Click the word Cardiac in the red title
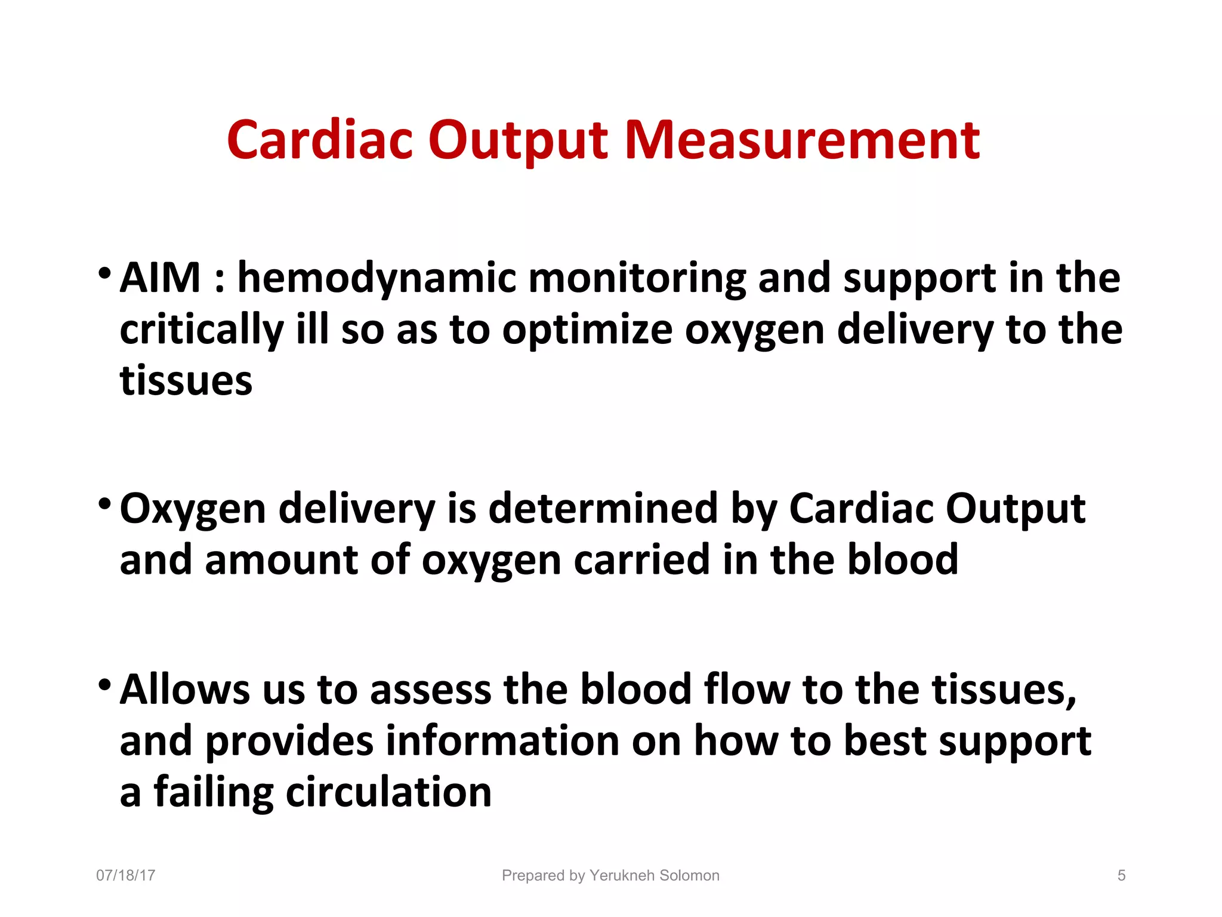[x=320, y=141]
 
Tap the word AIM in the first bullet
[x=160, y=278]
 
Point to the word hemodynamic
[x=377, y=279]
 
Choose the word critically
[x=202, y=331]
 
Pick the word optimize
[x=587, y=331]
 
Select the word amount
[x=282, y=561]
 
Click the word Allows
[x=184, y=690]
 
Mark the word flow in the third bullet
[x=746, y=690]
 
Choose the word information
[x=502, y=741]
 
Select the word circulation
[x=389, y=793]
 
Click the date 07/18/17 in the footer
[x=126, y=876]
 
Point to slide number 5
[x=1121, y=876]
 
